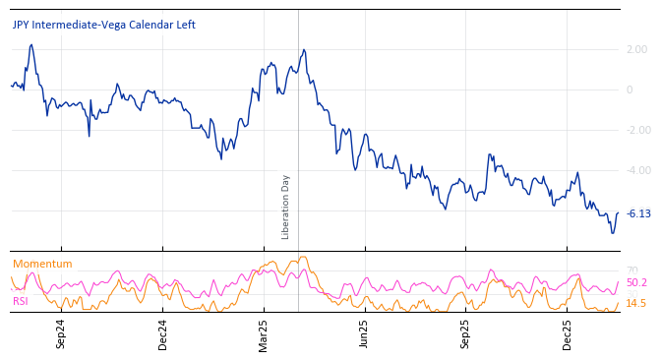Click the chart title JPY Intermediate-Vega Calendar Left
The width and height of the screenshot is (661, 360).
click(x=103, y=25)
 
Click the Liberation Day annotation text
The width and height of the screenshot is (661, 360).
click(x=286, y=207)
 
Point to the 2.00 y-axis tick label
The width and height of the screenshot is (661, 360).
click(x=636, y=49)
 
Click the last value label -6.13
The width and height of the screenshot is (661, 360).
click(x=638, y=213)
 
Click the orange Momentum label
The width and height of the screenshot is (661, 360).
click(x=42, y=264)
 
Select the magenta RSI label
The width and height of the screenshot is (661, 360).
click(x=21, y=301)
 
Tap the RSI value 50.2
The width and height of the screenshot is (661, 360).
click(x=636, y=282)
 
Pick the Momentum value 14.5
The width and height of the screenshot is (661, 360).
click(x=636, y=303)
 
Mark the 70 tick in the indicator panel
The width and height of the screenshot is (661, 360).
click(x=631, y=270)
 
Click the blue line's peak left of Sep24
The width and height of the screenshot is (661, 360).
click(x=31, y=44)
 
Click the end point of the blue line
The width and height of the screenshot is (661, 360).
click(x=618, y=213)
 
